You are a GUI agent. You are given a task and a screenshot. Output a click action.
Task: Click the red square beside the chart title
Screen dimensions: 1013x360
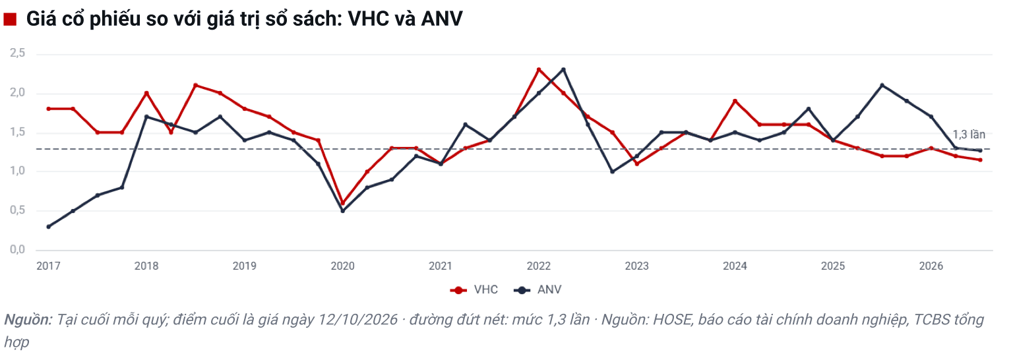coord(10,19)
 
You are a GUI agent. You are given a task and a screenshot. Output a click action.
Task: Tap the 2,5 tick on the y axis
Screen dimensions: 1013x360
coord(18,53)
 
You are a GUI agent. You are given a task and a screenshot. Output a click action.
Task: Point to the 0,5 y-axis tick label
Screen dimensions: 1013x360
coord(18,210)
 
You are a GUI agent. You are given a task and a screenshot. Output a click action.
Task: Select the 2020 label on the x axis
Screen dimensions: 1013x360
coord(342,266)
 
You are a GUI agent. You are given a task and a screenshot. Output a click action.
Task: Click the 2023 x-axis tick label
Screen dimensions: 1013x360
coord(636,266)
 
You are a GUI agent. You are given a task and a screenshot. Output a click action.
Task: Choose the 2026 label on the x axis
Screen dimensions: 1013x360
coord(931,266)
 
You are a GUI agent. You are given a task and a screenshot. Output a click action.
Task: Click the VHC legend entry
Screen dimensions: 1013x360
coord(474,289)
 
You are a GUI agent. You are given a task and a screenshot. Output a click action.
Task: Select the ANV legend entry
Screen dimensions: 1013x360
coord(537,289)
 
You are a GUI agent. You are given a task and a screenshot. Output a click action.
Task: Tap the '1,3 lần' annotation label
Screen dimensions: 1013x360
coord(969,135)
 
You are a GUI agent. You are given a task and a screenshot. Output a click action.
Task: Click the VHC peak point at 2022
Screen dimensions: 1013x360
coord(539,70)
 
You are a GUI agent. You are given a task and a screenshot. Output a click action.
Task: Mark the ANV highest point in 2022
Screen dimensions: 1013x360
coord(563,70)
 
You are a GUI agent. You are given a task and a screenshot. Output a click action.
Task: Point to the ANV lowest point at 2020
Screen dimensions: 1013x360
coord(342,211)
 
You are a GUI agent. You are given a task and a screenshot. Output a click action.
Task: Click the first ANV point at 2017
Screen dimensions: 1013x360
coord(48,227)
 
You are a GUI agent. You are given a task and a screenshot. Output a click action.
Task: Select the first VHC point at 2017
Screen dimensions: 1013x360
coord(48,109)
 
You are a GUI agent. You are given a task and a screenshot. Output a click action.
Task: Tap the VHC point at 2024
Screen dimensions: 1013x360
coord(735,101)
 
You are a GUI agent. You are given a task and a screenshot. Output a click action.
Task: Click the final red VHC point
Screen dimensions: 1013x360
coord(980,160)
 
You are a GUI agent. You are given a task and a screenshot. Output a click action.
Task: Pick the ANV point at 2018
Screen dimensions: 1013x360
coord(146,117)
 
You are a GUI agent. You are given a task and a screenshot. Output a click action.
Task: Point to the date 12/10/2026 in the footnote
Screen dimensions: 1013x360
coord(357,320)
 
